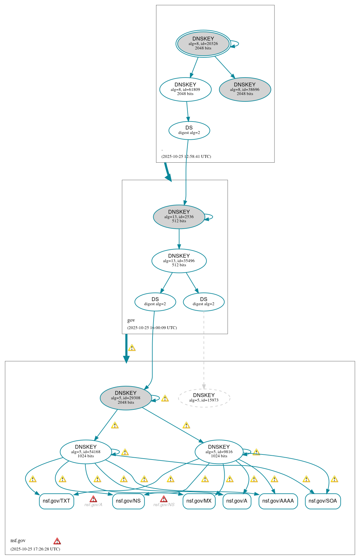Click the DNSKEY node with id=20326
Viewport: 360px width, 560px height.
pos(203,44)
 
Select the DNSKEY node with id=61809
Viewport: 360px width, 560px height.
pos(185,89)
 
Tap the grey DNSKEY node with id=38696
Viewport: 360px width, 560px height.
pos(245,89)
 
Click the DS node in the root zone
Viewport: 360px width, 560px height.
pos(189,130)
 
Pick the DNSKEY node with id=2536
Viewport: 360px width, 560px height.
pos(179,217)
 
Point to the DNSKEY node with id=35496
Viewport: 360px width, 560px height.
pos(179,261)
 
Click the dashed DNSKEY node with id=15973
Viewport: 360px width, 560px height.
pos(204,398)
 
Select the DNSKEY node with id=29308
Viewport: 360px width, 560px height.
pos(125,398)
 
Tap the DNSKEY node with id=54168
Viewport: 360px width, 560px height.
pos(86,452)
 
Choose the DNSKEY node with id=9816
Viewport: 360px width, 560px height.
pos(219,452)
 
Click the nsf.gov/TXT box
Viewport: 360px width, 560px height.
pos(56,501)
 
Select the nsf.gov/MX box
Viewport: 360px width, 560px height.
pos(199,501)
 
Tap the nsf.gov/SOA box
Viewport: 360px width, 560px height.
pos(323,501)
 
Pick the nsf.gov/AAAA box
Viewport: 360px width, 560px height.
pos(278,501)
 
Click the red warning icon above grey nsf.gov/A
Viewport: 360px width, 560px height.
pos(93,499)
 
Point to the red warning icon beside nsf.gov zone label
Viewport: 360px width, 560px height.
pos(57,541)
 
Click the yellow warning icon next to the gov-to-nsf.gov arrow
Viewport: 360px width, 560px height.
pos(132,348)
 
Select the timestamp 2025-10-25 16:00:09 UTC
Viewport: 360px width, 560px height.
pos(152,328)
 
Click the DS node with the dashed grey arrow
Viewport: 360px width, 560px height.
pos(204,302)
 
